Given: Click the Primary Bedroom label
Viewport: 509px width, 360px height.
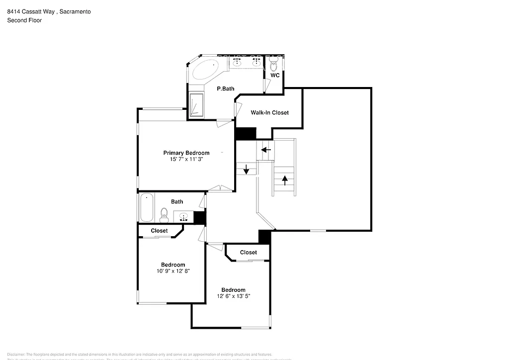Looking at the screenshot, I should [186, 153].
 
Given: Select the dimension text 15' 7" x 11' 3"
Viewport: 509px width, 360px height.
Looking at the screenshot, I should [186, 160].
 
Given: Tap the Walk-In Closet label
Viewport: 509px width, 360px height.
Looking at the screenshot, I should [269, 113].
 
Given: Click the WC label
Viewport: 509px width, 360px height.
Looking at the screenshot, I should [275, 76].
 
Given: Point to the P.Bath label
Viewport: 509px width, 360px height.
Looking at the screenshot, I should [225, 89].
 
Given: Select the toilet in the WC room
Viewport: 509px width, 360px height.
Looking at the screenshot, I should [273, 64].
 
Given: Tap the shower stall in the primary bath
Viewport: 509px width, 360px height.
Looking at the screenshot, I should [196, 105].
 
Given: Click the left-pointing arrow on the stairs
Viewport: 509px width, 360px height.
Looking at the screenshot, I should [266, 149].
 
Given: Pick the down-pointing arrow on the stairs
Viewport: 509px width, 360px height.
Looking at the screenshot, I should [246, 170].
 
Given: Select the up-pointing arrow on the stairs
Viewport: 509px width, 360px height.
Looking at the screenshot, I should [285, 180].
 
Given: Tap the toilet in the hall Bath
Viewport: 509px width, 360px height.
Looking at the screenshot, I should [164, 215].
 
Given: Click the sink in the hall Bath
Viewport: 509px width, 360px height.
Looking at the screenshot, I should [183, 217].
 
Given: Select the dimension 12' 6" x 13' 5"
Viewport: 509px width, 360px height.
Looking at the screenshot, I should [233, 296].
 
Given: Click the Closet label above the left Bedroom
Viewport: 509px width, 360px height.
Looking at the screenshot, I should [159, 231].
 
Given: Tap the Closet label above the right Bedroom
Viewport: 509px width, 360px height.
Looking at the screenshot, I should [249, 253].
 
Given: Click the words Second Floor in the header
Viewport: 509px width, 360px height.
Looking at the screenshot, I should [24, 20].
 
